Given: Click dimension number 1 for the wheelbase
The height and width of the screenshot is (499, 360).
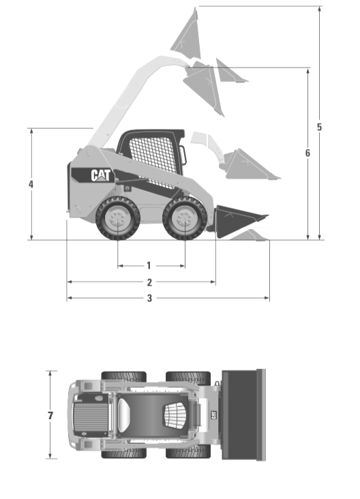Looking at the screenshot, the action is [149, 265].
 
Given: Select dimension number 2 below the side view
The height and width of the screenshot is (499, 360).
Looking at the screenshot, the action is [149, 282].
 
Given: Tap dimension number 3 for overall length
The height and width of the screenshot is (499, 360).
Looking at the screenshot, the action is [149, 298].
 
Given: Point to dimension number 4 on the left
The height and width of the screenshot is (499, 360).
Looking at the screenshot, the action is [31, 184].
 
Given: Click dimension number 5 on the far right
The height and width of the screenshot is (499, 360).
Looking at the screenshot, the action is [319, 127].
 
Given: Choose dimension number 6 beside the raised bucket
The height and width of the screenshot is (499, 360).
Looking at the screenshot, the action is [307, 153].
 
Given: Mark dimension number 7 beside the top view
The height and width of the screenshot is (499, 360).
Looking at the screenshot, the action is [50, 415].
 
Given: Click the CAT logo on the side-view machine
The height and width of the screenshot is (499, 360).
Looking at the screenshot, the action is [101, 175].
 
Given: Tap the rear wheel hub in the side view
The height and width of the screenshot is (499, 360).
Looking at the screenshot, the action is [117, 219].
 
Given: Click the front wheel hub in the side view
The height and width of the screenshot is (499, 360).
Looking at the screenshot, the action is [185, 219].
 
